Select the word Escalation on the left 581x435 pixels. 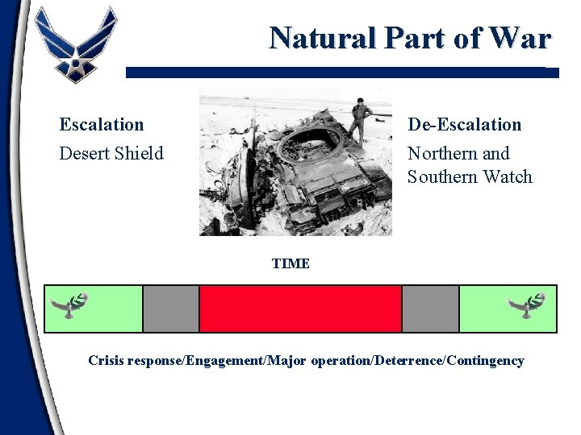[x=102, y=125]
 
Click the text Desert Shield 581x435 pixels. [x=111, y=153]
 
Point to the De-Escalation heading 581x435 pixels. [x=464, y=125]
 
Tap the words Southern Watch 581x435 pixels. [x=470, y=176]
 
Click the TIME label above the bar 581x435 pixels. [x=290, y=263]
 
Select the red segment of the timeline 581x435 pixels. [x=300, y=309]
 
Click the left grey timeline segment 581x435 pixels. [x=171, y=309]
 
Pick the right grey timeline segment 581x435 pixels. [x=430, y=309]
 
